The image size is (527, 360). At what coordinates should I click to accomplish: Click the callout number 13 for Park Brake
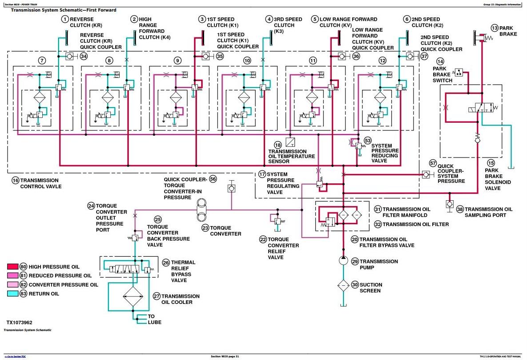(x=494, y=28)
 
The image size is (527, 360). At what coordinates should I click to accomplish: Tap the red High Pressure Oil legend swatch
(x=12, y=267)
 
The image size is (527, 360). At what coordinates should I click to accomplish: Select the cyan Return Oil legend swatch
(x=12, y=293)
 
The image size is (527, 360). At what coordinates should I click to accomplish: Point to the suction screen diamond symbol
(x=343, y=285)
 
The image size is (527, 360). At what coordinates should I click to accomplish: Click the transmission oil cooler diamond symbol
(x=133, y=296)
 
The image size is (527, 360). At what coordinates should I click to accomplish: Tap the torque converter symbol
(x=201, y=210)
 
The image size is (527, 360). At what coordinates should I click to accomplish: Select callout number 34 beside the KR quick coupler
(x=83, y=56)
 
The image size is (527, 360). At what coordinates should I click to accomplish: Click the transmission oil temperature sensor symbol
(x=290, y=142)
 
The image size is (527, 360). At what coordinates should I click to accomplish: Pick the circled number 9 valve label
(x=177, y=61)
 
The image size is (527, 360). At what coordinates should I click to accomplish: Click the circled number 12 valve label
(x=382, y=61)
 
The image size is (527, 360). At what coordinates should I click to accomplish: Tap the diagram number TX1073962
(x=20, y=322)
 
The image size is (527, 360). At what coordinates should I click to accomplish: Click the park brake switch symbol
(x=459, y=73)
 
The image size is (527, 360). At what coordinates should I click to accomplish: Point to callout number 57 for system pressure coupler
(x=433, y=163)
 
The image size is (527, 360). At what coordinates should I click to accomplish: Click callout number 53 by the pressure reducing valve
(x=368, y=141)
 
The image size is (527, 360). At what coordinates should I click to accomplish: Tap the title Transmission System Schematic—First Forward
(x=64, y=10)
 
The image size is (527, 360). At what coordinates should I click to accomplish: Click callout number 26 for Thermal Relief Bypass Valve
(x=166, y=263)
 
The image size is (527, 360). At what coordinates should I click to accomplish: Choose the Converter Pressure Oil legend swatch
(x=12, y=284)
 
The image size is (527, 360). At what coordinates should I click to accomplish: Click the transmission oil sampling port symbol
(x=449, y=204)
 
